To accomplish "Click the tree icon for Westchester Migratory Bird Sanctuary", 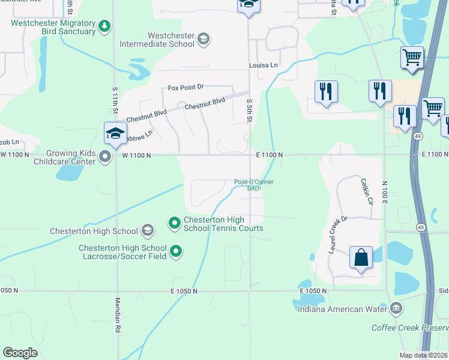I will (x=105, y=26).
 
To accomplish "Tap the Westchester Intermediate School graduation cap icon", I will (x=203, y=40).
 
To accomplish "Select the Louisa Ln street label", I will (x=264, y=65).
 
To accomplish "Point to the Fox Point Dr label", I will (x=186, y=88).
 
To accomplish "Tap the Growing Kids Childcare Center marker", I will (x=106, y=157).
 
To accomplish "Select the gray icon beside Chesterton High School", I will (x=148, y=230).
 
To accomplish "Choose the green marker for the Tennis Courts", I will (x=175, y=223).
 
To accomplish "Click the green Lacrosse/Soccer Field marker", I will (x=176, y=251).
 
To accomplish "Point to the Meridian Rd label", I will (x=118, y=315).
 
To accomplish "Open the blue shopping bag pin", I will (x=361, y=257).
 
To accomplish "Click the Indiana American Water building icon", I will (x=396, y=309).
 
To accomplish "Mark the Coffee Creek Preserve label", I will (x=409, y=328).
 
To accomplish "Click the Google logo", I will (x=20, y=353).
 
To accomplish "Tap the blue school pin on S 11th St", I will (x=115, y=133).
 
